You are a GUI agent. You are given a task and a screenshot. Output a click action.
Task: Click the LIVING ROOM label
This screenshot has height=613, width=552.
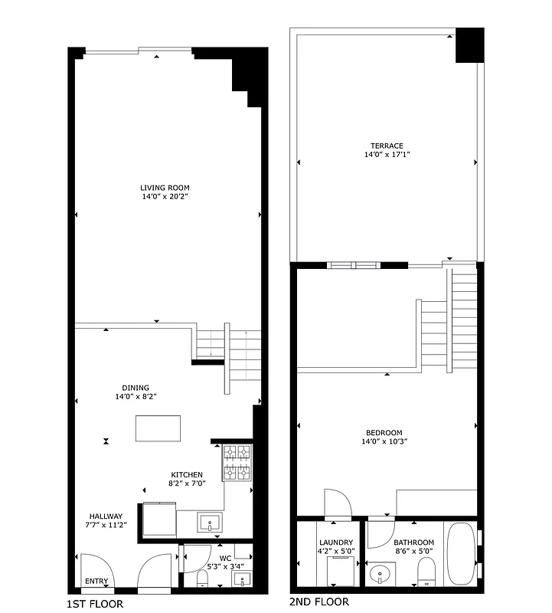pyautogui.click(x=165, y=188)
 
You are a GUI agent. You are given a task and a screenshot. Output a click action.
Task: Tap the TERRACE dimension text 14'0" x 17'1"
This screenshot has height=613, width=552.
pyautogui.click(x=387, y=155)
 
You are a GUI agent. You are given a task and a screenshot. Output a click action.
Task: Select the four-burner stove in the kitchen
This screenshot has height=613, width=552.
pyautogui.click(x=237, y=463)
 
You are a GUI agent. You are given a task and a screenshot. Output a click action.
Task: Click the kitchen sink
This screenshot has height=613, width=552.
pyautogui.click(x=209, y=523)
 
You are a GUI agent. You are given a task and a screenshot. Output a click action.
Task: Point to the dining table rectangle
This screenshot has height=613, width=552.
pyautogui.click(x=158, y=428)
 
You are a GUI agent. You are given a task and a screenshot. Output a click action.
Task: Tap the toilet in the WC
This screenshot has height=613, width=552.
pyautogui.click(x=202, y=578)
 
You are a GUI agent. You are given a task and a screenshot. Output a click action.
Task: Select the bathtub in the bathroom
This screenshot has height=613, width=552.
pyautogui.click(x=461, y=555)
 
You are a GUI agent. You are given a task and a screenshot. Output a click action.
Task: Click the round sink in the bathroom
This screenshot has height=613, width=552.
pyautogui.click(x=379, y=572)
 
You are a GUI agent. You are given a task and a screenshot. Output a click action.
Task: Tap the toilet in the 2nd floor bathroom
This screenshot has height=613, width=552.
pyautogui.click(x=426, y=571)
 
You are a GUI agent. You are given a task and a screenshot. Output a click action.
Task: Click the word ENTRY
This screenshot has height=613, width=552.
pyautogui.click(x=96, y=582)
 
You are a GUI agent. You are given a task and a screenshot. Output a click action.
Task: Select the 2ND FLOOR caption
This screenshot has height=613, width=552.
pyautogui.click(x=319, y=602)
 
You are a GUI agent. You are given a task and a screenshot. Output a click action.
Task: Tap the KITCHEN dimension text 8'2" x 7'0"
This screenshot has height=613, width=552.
pyautogui.click(x=187, y=484)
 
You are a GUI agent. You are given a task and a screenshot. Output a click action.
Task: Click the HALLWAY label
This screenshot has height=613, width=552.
pyautogui.click(x=106, y=516)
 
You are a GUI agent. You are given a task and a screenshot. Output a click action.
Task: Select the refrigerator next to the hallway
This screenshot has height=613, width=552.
pyautogui.click(x=158, y=520)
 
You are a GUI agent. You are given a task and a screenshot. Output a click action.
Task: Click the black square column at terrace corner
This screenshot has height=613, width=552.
pyautogui.click(x=469, y=45)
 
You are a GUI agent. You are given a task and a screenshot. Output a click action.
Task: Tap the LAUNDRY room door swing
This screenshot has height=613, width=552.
pyautogui.click(x=338, y=503)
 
